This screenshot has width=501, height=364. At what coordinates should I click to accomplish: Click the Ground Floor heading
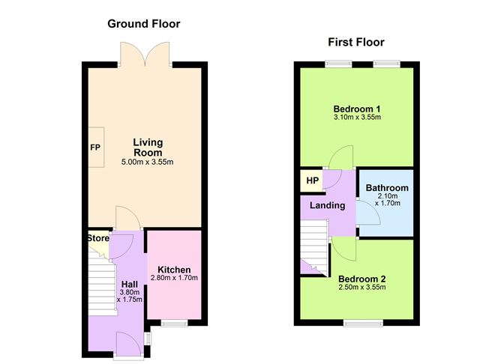(x=144, y=24)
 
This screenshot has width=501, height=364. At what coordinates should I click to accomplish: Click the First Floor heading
(x=356, y=42)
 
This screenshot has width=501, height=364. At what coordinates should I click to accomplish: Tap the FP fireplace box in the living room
(x=96, y=147)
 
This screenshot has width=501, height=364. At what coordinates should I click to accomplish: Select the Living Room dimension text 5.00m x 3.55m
(x=147, y=162)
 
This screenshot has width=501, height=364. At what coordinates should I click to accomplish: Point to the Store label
(x=98, y=238)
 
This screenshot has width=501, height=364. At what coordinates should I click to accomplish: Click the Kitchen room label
(x=174, y=270)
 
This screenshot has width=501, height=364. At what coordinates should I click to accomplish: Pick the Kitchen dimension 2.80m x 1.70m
(x=174, y=278)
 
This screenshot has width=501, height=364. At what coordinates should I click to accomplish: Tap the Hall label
(x=130, y=285)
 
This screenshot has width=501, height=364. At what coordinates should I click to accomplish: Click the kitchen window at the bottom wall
(x=174, y=324)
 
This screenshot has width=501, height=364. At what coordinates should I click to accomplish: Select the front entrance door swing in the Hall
(x=128, y=343)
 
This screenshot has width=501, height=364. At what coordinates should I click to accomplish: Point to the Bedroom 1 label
(x=356, y=109)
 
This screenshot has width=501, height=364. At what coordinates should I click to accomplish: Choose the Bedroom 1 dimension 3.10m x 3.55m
(x=357, y=117)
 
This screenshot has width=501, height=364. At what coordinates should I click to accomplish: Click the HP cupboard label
(x=313, y=181)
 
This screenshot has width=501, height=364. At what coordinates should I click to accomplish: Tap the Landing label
(x=328, y=205)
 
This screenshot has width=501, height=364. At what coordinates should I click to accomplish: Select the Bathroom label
(x=387, y=188)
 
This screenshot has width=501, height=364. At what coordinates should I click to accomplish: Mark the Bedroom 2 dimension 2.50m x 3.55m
(x=362, y=287)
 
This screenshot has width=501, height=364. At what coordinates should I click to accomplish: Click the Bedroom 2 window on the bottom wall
(x=363, y=324)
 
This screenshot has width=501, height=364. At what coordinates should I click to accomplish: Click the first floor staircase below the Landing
(x=314, y=248)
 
